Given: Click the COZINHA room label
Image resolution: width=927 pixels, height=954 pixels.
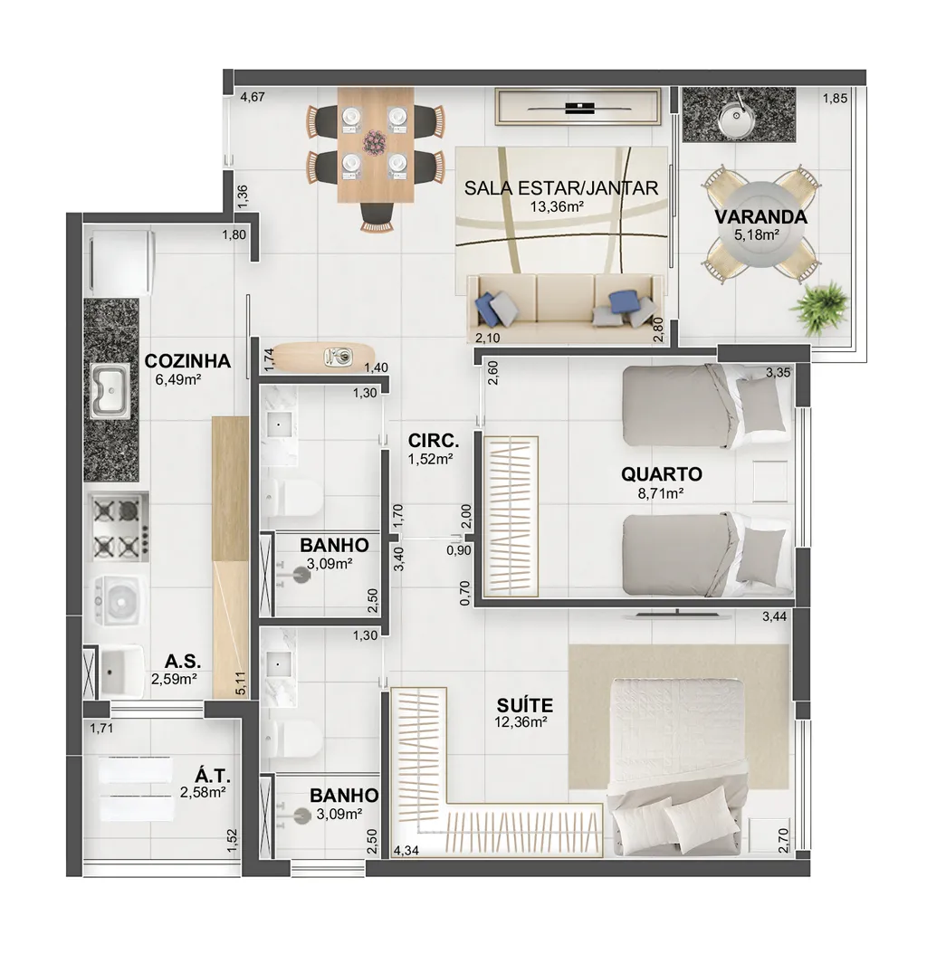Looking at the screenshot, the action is pos(187,361).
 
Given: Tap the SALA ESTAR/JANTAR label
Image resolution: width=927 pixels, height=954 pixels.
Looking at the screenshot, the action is pos(561,188).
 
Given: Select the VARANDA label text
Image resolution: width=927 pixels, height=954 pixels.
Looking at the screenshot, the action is pos(760,216).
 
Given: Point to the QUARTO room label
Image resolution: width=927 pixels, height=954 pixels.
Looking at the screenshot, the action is pos(662,474).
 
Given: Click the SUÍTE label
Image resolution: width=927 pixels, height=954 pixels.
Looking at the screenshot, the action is pos(525,705).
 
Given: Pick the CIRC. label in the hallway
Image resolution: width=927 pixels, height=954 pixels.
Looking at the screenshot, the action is pos(434,441).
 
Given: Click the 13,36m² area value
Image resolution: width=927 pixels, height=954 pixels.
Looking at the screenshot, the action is pos(557,207).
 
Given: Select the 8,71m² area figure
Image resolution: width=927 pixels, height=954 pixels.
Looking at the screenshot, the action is pos(661,492).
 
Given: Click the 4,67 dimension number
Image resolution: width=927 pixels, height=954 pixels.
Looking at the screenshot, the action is pos(253,97).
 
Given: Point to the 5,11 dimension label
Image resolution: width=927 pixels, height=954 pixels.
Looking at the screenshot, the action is pos(241,683).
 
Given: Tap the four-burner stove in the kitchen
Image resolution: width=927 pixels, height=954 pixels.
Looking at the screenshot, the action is pos(119,527).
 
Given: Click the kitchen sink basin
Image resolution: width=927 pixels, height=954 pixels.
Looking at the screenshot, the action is pos(110,392).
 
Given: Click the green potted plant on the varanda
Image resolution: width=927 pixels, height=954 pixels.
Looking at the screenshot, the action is pos(819,307).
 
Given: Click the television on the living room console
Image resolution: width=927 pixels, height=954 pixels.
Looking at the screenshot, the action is pos(578,109).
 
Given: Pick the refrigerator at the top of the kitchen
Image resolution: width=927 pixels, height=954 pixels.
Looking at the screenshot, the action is pos(121,262).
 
